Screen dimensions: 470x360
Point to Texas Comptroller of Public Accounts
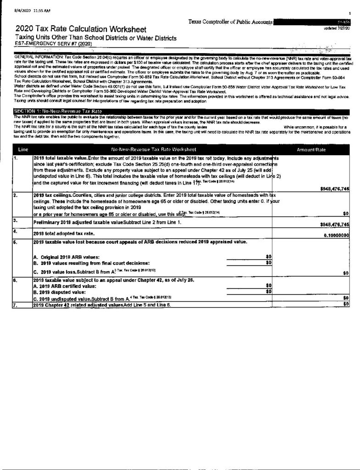coord(231,22)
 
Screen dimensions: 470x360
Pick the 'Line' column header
coord(23,150)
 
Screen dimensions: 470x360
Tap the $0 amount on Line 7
coord(346,304)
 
